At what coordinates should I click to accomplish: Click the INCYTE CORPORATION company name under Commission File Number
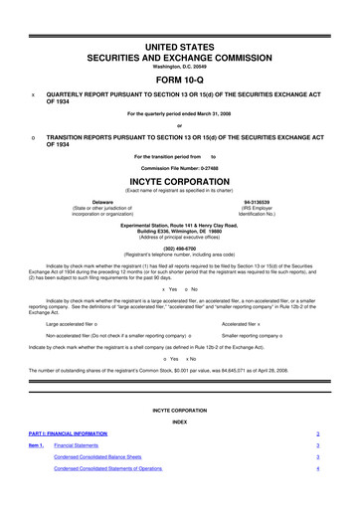pos(180,182)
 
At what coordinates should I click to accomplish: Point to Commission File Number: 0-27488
pos(180,168)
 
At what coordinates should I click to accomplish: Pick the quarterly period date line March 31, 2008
pos(180,113)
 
